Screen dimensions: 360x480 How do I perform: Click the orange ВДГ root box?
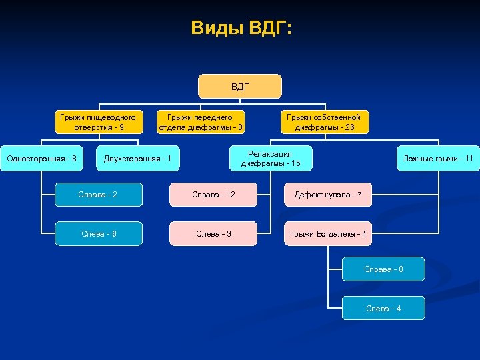click(240, 87)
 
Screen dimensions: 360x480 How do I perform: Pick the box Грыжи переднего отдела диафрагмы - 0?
click(201, 122)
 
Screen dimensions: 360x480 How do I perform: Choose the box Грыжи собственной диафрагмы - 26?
click(323, 122)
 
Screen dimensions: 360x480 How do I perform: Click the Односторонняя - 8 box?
click(41, 159)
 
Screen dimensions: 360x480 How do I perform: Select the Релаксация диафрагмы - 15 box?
click(270, 159)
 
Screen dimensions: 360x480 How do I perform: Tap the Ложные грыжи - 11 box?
click(438, 159)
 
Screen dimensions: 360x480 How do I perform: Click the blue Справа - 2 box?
click(99, 195)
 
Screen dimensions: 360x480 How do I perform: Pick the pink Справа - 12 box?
click(213, 195)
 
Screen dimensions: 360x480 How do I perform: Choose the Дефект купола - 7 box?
click(328, 195)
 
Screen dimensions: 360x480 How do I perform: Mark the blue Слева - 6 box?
click(99, 234)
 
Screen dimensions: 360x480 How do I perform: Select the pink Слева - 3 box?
click(213, 234)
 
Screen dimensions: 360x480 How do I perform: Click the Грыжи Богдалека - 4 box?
click(328, 234)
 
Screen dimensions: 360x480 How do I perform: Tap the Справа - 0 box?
click(383, 269)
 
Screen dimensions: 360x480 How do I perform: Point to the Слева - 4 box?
click(383, 308)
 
